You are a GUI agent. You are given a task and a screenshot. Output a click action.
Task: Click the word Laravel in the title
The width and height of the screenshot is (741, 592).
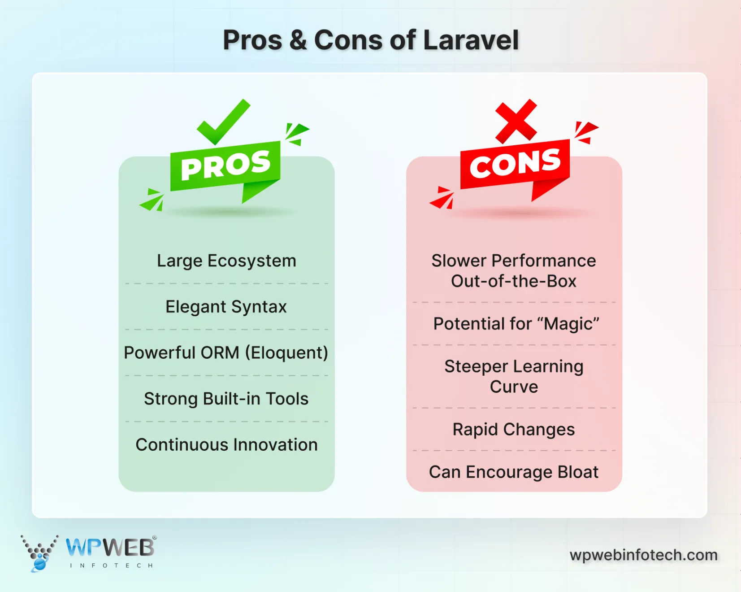pyautogui.click(x=471, y=40)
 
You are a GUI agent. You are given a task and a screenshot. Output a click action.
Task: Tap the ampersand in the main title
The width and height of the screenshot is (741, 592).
pyautogui.click(x=298, y=40)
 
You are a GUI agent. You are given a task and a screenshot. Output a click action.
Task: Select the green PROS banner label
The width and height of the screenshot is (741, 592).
pyautogui.click(x=225, y=165)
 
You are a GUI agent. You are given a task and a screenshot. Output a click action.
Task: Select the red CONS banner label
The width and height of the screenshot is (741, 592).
pyautogui.click(x=515, y=164)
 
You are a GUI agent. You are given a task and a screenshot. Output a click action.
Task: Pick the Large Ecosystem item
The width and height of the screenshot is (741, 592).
pyautogui.click(x=226, y=261)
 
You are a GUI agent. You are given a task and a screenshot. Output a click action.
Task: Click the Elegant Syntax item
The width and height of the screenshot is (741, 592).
pyautogui.click(x=226, y=307)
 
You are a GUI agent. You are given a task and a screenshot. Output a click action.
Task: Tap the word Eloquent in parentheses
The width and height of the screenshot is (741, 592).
pyautogui.click(x=287, y=353)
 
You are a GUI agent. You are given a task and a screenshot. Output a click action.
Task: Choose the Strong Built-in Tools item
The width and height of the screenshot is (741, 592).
pyautogui.click(x=226, y=399)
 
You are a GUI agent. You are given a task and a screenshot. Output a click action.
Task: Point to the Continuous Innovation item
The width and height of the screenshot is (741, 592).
pyautogui.click(x=226, y=445)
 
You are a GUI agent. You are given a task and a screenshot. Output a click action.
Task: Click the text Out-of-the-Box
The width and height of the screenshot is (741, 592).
pyautogui.click(x=514, y=281)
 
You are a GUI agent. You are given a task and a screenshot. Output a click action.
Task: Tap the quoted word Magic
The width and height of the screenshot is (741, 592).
pyautogui.click(x=571, y=324)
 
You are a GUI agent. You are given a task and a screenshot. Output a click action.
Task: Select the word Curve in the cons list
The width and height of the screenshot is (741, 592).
pyautogui.click(x=514, y=387)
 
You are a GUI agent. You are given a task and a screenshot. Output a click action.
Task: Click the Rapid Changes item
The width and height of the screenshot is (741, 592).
pyautogui.click(x=514, y=430)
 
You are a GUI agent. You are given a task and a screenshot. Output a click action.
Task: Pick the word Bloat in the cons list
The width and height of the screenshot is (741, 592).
pyautogui.click(x=578, y=472)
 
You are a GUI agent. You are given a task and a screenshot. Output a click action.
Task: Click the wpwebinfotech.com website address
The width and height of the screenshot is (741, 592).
pyautogui.click(x=643, y=555)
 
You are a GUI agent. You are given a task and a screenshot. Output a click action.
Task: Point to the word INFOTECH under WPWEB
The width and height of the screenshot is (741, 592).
pyautogui.click(x=111, y=566)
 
